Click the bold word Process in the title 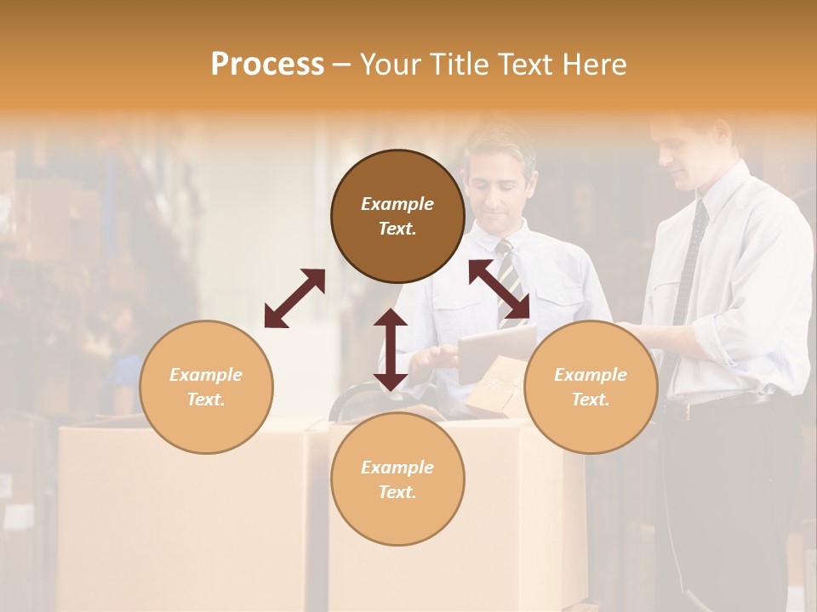[x=267, y=65]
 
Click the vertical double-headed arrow [x=391, y=349]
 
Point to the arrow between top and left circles [x=294, y=298]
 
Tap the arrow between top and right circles [x=499, y=289]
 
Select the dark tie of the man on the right [x=691, y=255]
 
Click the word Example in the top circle [x=397, y=204]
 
